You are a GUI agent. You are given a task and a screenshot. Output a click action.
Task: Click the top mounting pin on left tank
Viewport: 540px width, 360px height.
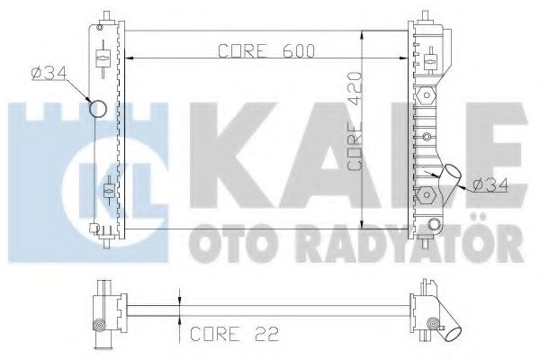106,16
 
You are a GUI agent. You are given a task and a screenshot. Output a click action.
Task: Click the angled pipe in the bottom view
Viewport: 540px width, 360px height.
447,331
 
